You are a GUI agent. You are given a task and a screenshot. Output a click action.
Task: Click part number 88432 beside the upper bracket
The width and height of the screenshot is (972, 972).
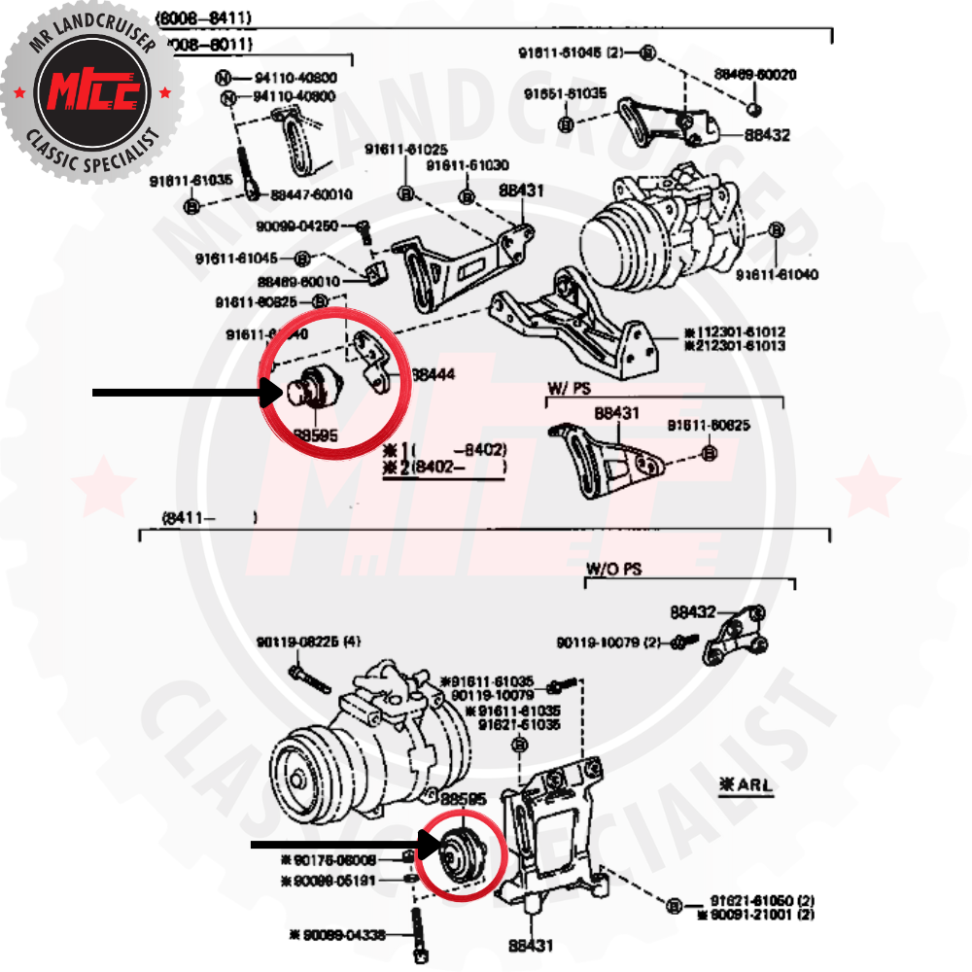(x=768, y=135)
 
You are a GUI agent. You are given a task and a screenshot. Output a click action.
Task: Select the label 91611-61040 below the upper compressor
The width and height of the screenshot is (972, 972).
(x=777, y=275)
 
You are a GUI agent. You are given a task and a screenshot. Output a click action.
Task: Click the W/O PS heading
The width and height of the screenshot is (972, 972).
(x=613, y=567)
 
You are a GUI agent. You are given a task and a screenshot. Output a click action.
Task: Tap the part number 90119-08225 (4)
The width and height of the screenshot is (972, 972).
(x=308, y=642)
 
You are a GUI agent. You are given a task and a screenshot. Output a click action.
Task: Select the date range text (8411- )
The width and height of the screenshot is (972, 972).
(x=209, y=518)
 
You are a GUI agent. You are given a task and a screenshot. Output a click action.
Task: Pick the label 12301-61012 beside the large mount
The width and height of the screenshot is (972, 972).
(x=739, y=332)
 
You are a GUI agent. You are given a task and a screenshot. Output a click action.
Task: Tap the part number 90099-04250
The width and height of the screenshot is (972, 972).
(x=298, y=226)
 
